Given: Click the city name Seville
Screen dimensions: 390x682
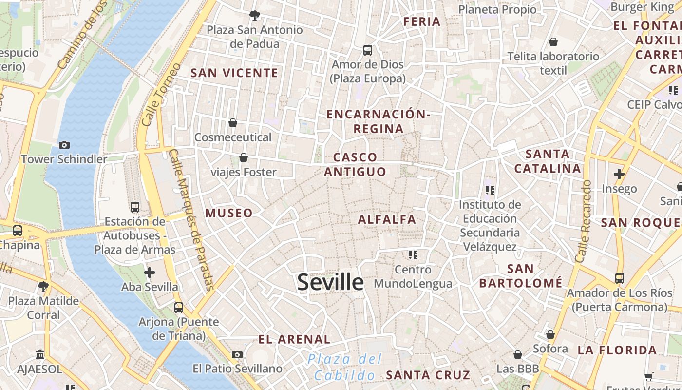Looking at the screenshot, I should [330, 282].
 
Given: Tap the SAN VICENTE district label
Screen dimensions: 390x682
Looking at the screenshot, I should [234, 73].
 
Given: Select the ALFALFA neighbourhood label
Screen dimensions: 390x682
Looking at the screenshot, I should [387, 219].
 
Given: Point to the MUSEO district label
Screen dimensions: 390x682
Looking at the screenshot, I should [229, 213].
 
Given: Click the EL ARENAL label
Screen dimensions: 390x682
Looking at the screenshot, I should [294, 339].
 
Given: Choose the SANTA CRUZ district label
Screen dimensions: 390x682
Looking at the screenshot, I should [428, 375].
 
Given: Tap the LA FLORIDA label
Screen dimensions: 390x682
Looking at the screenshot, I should [617, 350].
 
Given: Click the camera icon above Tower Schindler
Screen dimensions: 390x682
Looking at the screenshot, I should [64, 145].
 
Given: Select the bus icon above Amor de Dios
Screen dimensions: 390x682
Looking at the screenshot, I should [368, 50].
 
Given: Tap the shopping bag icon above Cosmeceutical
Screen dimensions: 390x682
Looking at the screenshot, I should [233, 122].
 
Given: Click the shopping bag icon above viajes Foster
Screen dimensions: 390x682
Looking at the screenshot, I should [244, 157].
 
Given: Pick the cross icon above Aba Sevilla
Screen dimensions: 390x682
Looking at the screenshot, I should [150, 272].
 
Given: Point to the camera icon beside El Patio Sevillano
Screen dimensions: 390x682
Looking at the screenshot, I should [237, 354].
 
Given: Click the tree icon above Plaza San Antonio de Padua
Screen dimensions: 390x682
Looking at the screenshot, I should [254, 15].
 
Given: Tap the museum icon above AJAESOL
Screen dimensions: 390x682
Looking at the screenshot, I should [40, 354].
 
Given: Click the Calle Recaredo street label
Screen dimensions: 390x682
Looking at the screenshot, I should [583, 221].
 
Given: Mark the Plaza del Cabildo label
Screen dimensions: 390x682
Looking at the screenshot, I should [345, 367].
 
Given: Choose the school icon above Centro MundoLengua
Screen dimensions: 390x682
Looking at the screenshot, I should [413, 254].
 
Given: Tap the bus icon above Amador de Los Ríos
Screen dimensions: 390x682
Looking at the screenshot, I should [619, 278].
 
